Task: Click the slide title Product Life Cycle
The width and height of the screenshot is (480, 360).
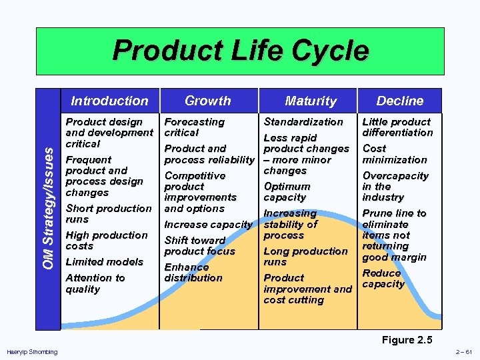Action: coord(240,51)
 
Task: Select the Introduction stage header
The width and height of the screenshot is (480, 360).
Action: coord(109,101)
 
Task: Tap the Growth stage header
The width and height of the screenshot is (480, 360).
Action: coord(207,101)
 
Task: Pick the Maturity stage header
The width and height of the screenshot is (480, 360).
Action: coord(311,101)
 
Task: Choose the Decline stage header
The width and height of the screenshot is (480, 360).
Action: coord(399,101)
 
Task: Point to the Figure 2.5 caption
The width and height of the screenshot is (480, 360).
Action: coord(407,340)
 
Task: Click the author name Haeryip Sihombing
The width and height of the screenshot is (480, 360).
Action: coord(31,352)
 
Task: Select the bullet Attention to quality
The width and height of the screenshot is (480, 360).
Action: coord(95,283)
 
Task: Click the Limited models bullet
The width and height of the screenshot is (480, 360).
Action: coord(104,262)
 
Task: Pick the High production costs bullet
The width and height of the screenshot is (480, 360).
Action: coord(106,241)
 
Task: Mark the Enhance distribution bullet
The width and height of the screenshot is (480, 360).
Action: coord(193,273)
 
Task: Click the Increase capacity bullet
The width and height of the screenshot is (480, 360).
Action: coord(207,225)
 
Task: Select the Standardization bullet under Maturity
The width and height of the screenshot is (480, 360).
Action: coord(303,122)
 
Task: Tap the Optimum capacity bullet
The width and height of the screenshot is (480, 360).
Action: coord(287,192)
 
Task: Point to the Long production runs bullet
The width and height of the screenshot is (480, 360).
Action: coord(305,257)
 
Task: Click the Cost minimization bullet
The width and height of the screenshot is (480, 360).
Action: coord(394,154)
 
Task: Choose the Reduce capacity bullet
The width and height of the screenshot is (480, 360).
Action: coord(383,279)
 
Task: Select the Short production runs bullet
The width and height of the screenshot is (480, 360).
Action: coord(108,213)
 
